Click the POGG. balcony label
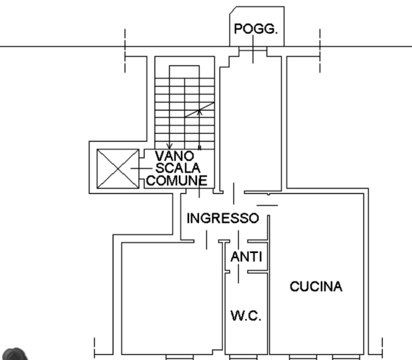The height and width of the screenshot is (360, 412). click(256, 28)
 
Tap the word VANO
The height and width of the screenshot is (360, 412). click(174, 156)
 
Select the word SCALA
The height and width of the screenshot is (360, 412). click(178, 168)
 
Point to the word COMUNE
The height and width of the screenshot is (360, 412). click(177, 180)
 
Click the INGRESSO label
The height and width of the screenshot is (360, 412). click(223, 218)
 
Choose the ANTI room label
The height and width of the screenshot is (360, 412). click(246, 257)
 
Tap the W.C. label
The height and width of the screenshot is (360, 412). click(246, 315)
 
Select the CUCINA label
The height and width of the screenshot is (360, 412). click(316, 286)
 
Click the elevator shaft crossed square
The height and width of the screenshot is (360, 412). click(118, 168)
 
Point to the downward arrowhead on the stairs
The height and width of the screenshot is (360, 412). click(170, 146)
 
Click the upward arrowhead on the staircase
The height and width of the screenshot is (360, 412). click(200, 112)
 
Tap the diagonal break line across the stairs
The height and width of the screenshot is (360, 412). click(200, 109)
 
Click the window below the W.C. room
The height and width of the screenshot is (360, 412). click(244, 357)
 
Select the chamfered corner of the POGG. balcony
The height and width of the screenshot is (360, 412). click(233, 10)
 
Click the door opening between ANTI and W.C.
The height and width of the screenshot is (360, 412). click(239, 272)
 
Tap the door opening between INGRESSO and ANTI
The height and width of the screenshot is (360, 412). click(239, 241)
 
